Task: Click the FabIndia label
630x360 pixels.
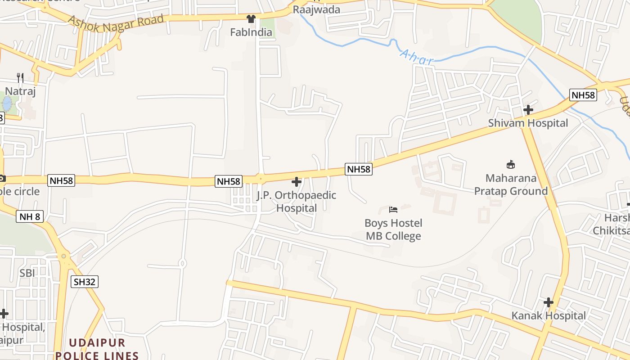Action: [x=251, y=32]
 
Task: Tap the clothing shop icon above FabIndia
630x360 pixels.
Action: [x=251, y=19]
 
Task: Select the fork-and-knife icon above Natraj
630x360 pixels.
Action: [x=20, y=78]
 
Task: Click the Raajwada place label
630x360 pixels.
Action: [x=316, y=9]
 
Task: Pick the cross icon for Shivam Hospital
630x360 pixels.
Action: [x=528, y=109]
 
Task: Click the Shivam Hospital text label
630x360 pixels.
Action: [x=528, y=123]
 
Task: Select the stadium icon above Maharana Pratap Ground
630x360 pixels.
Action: [x=511, y=165]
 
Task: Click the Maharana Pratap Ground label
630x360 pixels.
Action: [x=511, y=184]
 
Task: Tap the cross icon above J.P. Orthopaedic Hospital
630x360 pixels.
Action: [x=297, y=182]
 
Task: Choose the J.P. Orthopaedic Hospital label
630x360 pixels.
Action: [x=297, y=202]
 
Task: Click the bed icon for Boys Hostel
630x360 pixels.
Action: [x=393, y=210]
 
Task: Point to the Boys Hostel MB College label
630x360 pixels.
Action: [x=393, y=229]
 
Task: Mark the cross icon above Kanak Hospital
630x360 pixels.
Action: [x=548, y=302]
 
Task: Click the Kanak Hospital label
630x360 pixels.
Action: [x=549, y=316]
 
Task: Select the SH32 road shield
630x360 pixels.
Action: [x=85, y=282]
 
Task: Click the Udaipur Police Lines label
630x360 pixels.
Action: [x=97, y=349]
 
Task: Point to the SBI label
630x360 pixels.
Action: [x=27, y=273]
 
